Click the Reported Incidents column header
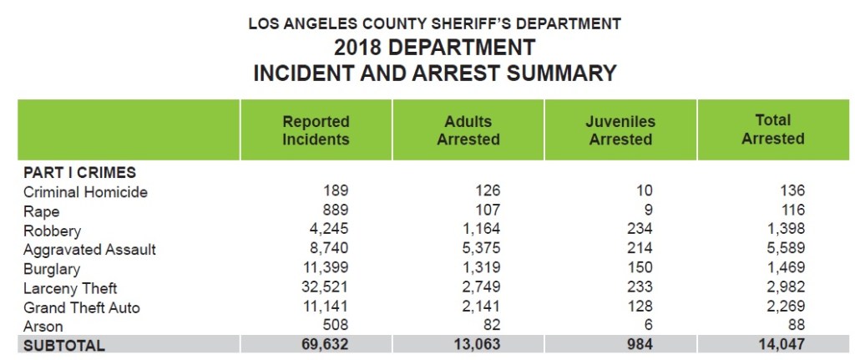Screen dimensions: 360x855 316,130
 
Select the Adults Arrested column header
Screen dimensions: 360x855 468,130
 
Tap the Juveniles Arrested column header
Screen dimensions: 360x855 620,130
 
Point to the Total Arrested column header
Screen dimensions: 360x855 772,129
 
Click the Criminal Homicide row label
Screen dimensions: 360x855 85,192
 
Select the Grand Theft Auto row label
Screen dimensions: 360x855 81,307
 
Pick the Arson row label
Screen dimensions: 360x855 43,327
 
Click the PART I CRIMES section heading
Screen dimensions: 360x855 79,173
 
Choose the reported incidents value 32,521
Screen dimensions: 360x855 325,288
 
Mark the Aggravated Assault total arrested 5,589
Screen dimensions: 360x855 784,250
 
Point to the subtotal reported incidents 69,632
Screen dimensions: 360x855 324,345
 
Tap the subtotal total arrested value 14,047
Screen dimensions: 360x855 781,345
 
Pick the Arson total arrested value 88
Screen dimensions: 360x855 795,327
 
